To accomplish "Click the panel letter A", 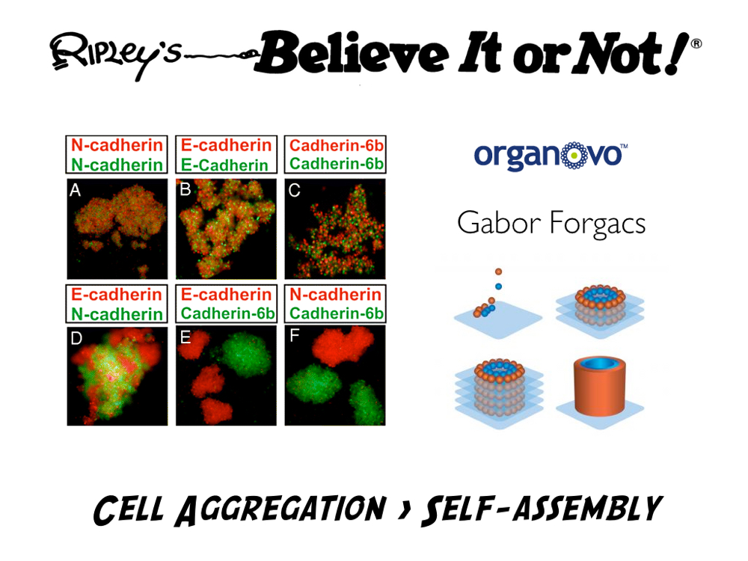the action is pyautogui.click(x=75, y=190).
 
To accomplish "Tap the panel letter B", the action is pyautogui.click(x=185, y=190).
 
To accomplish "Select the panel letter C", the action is pyautogui.click(x=294, y=190).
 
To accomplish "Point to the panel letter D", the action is pyautogui.click(x=76, y=338).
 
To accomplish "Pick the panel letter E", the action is pyautogui.click(x=185, y=338).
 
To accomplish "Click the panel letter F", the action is pyautogui.click(x=294, y=336).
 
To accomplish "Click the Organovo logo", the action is pyautogui.click(x=551, y=156).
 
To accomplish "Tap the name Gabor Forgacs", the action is pyautogui.click(x=551, y=223).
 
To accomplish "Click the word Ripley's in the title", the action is pyautogui.click(x=116, y=55).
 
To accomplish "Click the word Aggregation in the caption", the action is pyautogui.click(x=281, y=509).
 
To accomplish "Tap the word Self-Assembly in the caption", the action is pyautogui.click(x=542, y=509).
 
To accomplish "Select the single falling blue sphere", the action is pyautogui.click(x=498, y=286).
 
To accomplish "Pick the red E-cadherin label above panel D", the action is pyautogui.click(x=117, y=294).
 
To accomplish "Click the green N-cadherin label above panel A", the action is pyautogui.click(x=117, y=165).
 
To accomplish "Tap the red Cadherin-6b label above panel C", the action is pyautogui.click(x=337, y=145).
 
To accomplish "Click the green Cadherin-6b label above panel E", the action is pyautogui.click(x=227, y=313).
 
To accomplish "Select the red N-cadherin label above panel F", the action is pyautogui.click(x=335, y=294).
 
